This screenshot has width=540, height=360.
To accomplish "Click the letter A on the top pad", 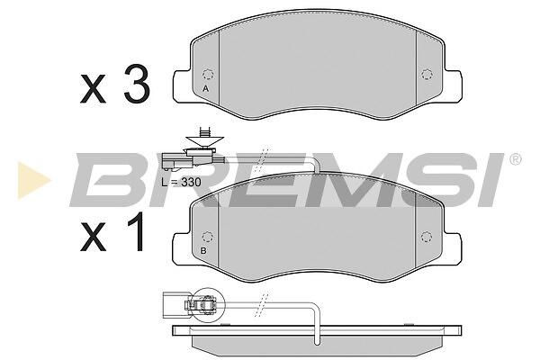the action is [205, 88].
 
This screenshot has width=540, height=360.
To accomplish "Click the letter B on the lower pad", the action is [203, 251].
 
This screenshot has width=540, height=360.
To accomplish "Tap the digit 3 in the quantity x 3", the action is [137, 84].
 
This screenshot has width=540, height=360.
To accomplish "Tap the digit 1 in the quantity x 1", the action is [137, 231].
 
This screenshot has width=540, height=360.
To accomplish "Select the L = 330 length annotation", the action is [181, 182].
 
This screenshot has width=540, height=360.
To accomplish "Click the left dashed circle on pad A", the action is [208, 75].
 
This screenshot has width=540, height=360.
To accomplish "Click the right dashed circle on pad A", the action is [427, 74].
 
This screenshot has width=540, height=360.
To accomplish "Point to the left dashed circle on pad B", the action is [207, 237].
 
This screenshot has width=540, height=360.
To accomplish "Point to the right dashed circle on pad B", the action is [427, 237].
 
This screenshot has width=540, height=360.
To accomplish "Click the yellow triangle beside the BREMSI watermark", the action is [33, 181].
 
